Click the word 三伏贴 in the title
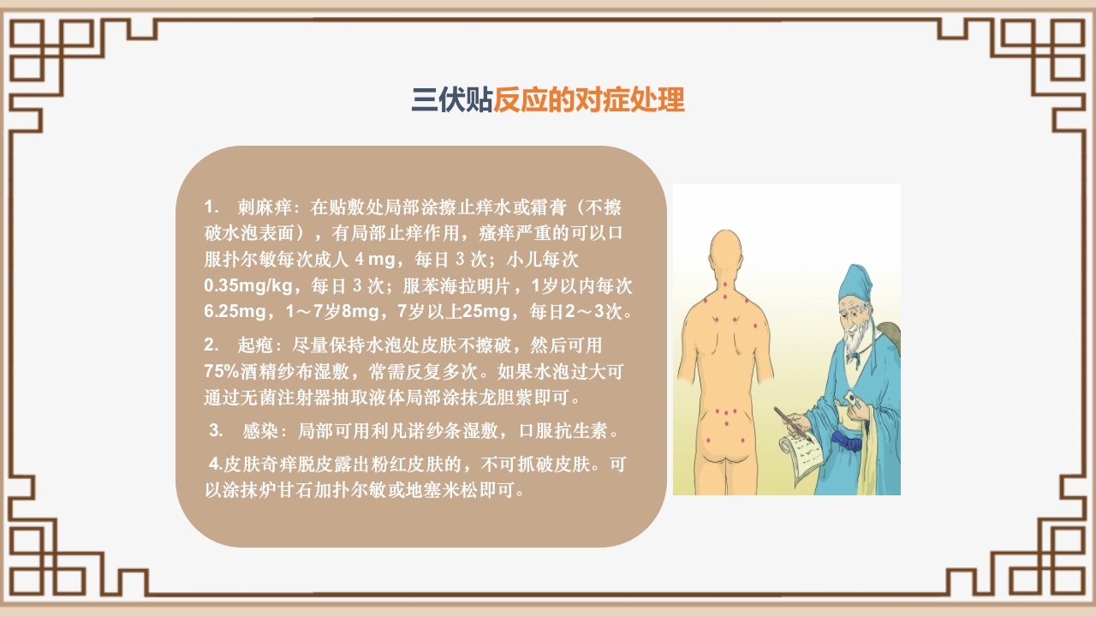coord(451,101)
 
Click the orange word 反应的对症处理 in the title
coord(589,101)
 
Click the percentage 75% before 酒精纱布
coord(223,372)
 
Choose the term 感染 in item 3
coord(262,430)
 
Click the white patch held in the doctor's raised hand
coord(853,398)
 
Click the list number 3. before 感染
coord(216,430)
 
